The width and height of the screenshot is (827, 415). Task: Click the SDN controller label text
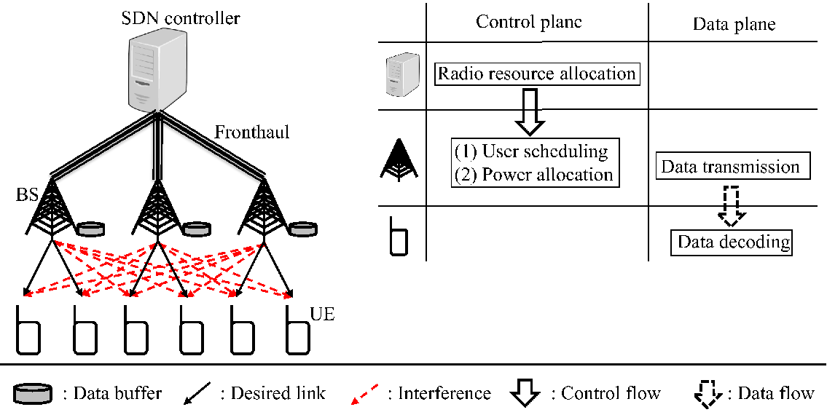click(181, 18)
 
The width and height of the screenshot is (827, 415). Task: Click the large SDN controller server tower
click(157, 68)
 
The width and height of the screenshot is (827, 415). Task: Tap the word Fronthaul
click(251, 131)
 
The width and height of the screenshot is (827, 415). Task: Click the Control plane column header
click(529, 22)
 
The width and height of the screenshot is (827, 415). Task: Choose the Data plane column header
click(734, 24)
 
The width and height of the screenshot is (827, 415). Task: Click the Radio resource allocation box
click(537, 74)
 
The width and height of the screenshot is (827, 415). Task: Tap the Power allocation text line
click(534, 174)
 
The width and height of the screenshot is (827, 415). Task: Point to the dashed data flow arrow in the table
click(732, 203)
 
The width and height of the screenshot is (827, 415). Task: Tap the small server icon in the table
click(399, 76)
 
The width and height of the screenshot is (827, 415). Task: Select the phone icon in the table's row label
click(399, 235)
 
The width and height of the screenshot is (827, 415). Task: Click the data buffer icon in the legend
click(34, 393)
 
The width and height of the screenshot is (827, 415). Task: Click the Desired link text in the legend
click(273, 393)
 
